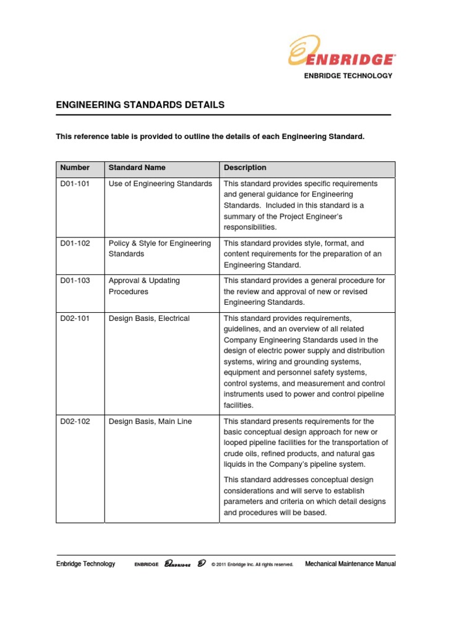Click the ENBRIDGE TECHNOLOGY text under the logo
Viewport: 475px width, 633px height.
click(x=348, y=75)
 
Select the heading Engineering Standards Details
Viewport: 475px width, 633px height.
click(x=140, y=105)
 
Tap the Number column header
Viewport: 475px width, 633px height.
click(x=75, y=168)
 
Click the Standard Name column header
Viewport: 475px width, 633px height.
click(x=137, y=168)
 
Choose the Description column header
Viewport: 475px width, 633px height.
click(x=246, y=168)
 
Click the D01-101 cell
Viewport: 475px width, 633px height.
click(x=75, y=184)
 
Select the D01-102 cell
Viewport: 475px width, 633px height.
click(x=75, y=243)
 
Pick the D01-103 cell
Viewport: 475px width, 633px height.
click(x=75, y=280)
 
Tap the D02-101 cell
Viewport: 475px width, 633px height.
click(x=75, y=318)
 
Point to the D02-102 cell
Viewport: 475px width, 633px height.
click(x=75, y=421)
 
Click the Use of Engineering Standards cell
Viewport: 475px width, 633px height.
click(x=160, y=184)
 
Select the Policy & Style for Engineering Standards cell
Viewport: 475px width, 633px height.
click(x=160, y=249)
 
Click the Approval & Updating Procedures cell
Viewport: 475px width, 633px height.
click(x=144, y=286)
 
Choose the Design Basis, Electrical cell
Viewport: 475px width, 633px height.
click(x=149, y=318)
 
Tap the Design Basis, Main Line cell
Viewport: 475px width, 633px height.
click(x=150, y=421)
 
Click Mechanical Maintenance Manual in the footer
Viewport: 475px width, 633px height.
click(x=351, y=564)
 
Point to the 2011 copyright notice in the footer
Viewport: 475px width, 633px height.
click(x=252, y=564)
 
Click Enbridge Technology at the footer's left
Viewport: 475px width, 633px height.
click(x=85, y=564)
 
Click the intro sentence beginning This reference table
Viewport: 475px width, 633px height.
click(x=210, y=136)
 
